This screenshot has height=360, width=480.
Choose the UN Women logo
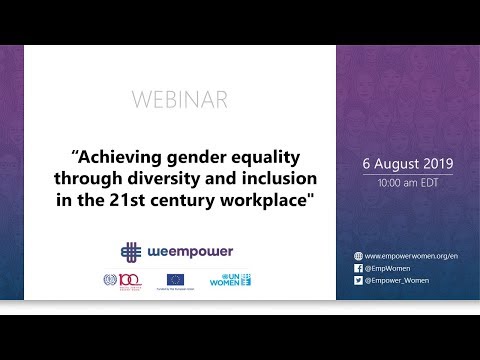coord(230,279)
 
